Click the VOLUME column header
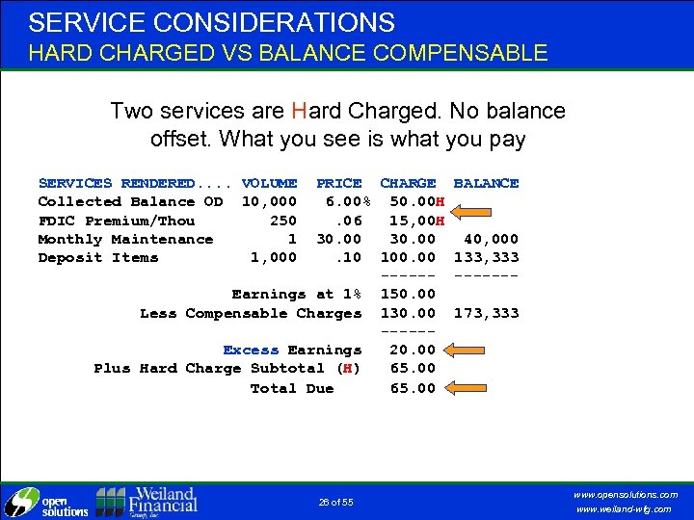269,183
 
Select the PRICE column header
339,183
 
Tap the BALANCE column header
486,183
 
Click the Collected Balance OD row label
130,201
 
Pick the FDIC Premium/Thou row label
116,221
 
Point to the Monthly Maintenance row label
125,239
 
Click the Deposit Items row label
98,257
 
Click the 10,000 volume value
269,201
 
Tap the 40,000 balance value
491,239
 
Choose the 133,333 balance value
486,257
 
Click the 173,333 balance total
486,313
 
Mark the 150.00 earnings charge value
408,294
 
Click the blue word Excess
251,351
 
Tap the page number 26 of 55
335,502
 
